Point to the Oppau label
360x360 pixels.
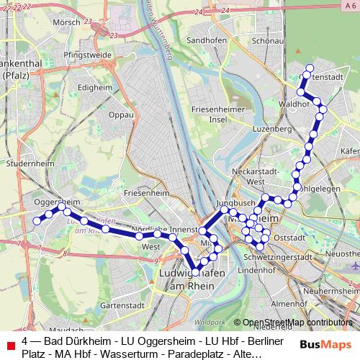point(121,114)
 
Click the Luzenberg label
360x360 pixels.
point(271,129)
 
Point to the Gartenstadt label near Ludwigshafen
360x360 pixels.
point(119,305)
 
